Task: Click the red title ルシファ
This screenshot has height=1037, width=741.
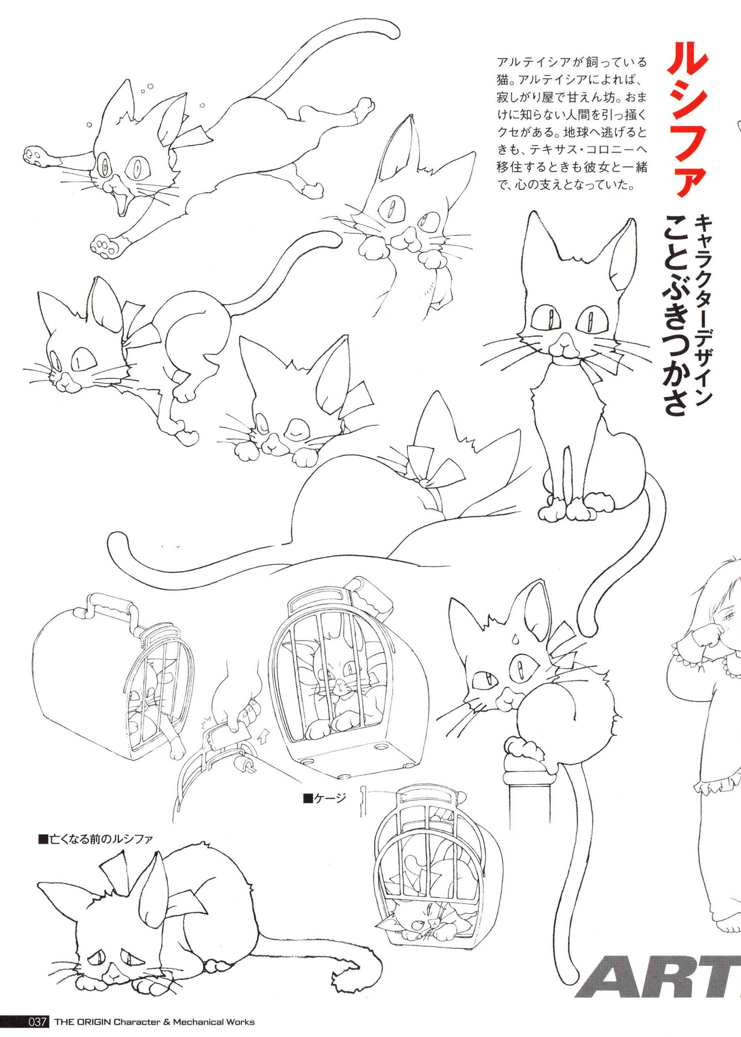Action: point(688,120)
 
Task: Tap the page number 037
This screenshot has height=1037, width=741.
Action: point(37,1022)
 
